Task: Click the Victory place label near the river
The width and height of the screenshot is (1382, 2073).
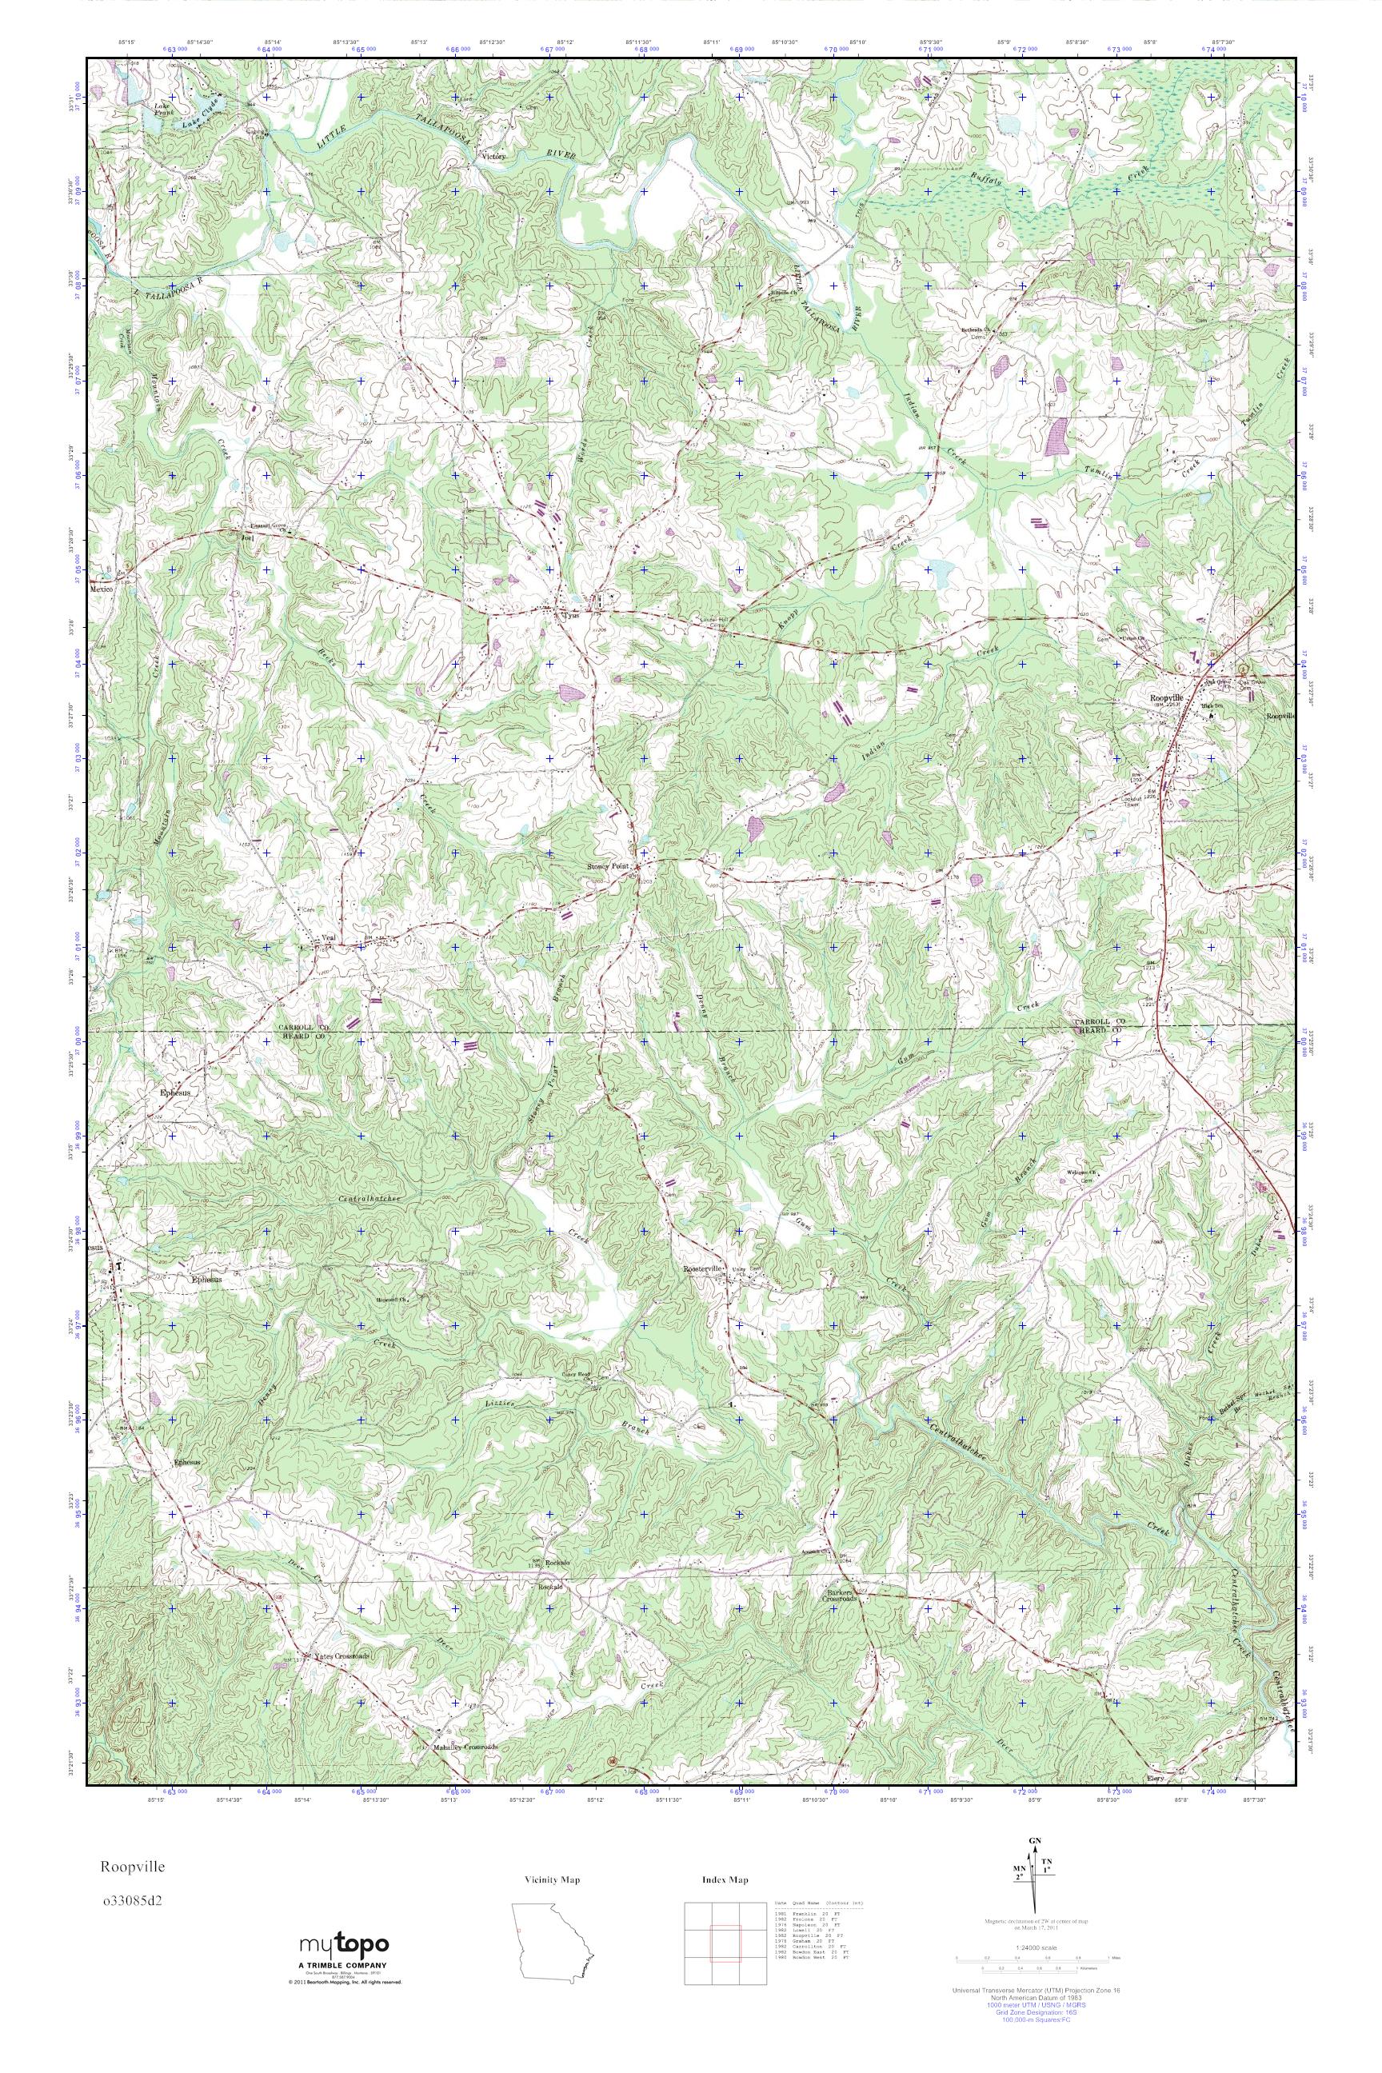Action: (493, 156)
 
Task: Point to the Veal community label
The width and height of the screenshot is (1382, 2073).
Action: (330, 938)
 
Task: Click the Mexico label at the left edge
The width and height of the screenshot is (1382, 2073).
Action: (102, 589)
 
